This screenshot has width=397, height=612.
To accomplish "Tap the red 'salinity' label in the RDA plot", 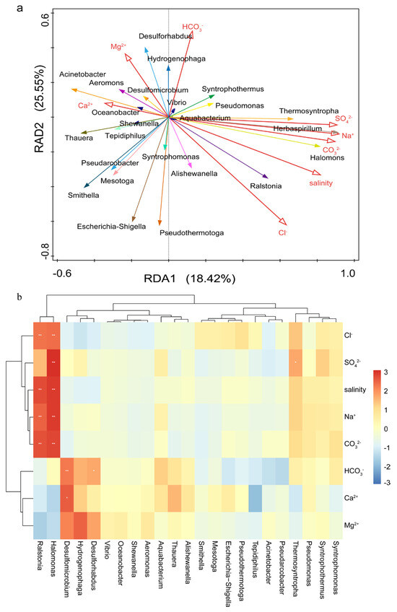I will tap(320, 183).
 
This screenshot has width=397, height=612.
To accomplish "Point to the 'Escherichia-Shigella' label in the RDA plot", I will tap(114, 227).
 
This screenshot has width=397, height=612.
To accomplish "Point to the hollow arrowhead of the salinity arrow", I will tap(315, 172).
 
